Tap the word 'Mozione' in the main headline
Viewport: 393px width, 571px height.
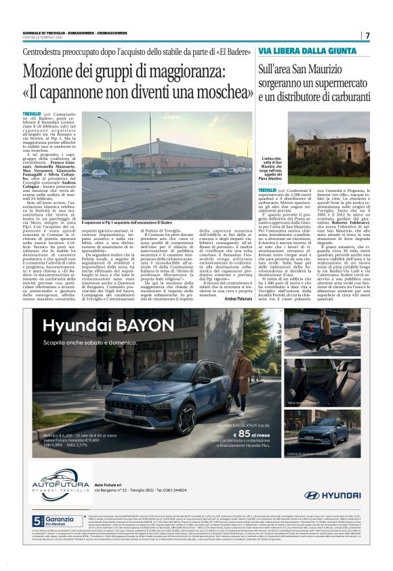click(66, 71)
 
